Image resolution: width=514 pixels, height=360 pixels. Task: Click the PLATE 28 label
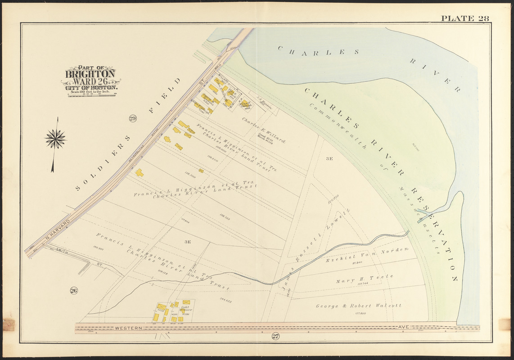[464, 18]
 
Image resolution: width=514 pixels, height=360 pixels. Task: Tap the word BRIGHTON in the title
[90, 74]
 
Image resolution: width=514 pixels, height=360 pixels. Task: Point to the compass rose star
[55, 139]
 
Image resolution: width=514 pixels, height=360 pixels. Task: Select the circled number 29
[132, 118]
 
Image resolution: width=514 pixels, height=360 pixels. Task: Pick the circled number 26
[74, 290]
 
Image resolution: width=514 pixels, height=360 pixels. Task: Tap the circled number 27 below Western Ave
[275, 336]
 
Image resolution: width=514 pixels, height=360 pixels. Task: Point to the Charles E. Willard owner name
[264, 130]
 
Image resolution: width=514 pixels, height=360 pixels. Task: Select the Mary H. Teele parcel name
[364, 279]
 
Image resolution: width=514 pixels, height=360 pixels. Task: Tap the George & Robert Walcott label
[358, 306]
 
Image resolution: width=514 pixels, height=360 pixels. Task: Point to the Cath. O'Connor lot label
[185, 308]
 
